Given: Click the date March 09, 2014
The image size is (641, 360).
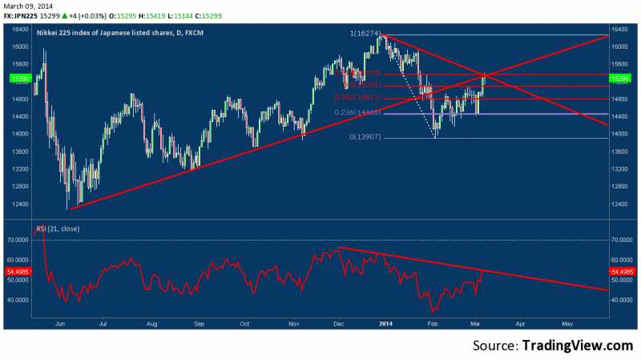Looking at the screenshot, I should pyautogui.click(x=22, y=6).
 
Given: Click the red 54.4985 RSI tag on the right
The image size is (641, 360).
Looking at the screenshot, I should pyautogui.click(x=620, y=273).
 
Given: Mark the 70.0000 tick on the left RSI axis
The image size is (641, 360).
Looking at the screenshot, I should pyautogui.click(x=17, y=240).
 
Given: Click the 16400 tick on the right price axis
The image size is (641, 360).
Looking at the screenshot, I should pyautogui.click(x=619, y=29).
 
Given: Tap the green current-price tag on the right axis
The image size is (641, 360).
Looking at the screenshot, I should pyautogui.click(x=620, y=79).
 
